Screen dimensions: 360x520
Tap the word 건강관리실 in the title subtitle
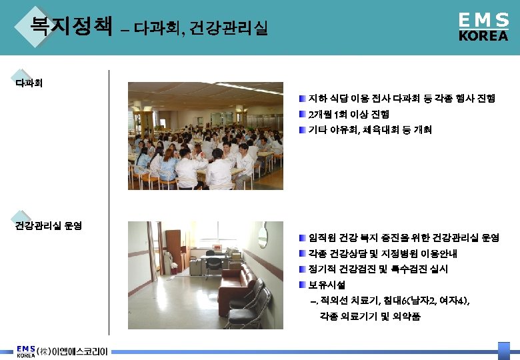click(229, 29)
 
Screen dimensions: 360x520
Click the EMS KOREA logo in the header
click(483, 27)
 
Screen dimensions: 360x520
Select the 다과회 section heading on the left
click(29, 84)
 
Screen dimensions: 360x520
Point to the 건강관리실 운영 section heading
click(48, 225)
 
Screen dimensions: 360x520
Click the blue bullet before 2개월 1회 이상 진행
click(302, 114)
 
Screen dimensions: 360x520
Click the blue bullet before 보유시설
click(302, 285)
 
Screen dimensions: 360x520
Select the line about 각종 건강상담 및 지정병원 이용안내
click(383, 254)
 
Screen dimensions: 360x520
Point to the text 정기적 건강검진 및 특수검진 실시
click(378, 269)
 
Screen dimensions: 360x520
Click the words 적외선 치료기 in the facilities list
click(347, 301)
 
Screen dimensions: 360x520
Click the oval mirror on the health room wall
click(262, 235)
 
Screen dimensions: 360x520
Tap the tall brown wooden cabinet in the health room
click(173, 250)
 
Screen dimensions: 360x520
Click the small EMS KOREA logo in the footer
click(26, 351)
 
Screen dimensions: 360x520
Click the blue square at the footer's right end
click(504, 351)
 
